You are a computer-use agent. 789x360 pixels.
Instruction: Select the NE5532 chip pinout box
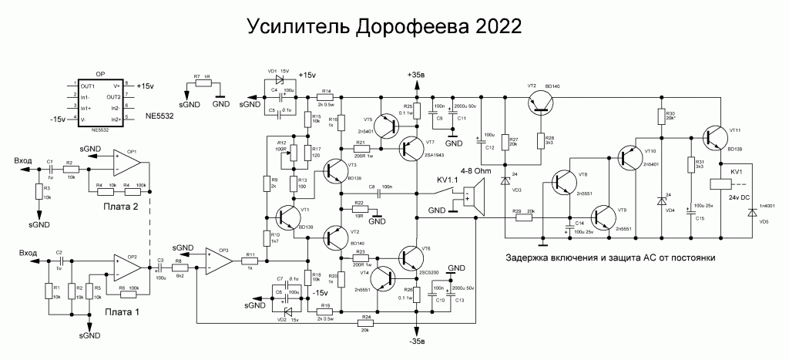coord(100,103)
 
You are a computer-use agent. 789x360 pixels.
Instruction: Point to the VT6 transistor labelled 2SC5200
coord(411,258)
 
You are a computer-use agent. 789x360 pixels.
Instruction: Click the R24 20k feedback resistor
coord(364,323)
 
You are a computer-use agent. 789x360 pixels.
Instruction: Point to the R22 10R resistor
coord(359,210)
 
